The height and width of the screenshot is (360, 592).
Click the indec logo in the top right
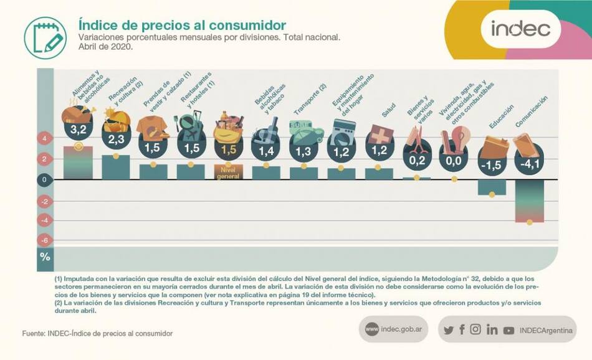click(520, 29)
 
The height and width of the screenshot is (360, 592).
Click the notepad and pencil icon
click(45, 37)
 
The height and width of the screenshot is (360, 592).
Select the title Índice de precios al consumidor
click(182, 25)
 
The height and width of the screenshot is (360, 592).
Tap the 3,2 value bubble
click(78, 130)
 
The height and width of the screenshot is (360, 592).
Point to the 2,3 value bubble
click(116, 140)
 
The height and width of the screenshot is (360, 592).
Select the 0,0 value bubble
click(454, 161)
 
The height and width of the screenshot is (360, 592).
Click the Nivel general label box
click(228, 172)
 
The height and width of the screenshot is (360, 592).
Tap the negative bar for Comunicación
click(530, 201)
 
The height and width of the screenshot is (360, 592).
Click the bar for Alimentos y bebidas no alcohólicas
click(78, 163)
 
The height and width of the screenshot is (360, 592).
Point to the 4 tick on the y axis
click(45, 138)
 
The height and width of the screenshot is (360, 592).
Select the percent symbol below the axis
click(45, 257)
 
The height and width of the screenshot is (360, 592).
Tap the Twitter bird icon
click(448, 330)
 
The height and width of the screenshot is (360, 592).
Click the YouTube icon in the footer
click(508, 330)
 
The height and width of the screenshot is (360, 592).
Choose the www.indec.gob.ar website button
click(393, 329)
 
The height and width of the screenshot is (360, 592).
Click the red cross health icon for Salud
click(379, 135)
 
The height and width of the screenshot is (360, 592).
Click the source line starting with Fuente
click(97, 334)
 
